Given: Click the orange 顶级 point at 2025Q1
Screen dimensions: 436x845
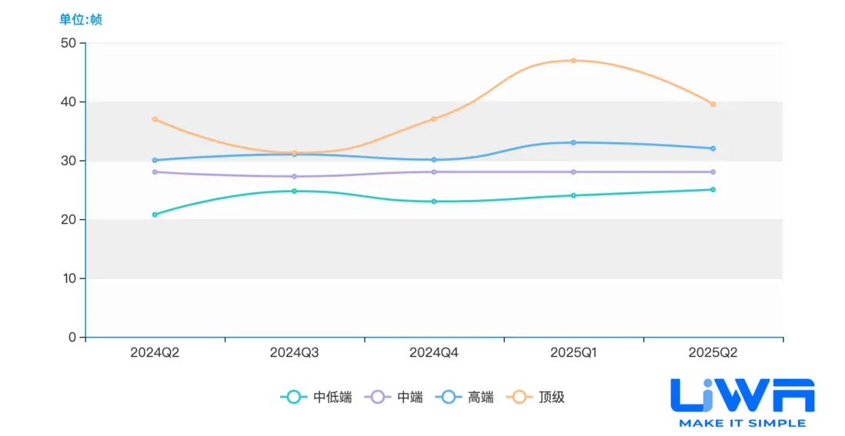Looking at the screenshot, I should (x=573, y=60).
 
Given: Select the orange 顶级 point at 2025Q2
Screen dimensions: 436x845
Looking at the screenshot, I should (x=713, y=104).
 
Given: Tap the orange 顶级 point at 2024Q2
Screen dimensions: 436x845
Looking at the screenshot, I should (x=155, y=119).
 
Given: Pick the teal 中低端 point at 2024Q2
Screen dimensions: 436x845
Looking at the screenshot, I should (x=155, y=215).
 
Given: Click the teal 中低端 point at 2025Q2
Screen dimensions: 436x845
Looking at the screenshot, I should (x=713, y=189).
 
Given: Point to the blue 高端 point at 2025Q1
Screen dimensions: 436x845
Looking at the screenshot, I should (x=573, y=142).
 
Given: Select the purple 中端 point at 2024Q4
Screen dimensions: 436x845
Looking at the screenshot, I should (x=434, y=171).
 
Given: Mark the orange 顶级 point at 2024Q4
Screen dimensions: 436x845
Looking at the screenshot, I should (x=434, y=118).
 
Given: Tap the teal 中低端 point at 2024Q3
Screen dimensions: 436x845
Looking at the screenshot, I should (x=294, y=191).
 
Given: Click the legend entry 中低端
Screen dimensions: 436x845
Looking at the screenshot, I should (x=316, y=398).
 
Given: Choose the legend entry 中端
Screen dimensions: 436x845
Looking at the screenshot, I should (x=396, y=398).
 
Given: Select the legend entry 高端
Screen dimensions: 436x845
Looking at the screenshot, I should (x=466, y=398).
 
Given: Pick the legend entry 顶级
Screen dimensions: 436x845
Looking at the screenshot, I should (x=538, y=398).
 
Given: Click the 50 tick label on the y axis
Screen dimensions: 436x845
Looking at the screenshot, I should (x=68, y=43).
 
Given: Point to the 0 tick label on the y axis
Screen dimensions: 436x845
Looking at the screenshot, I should (x=72, y=337).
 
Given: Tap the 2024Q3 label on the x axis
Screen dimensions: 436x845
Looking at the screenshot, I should (x=294, y=353).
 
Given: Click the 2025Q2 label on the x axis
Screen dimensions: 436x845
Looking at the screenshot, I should (x=713, y=353).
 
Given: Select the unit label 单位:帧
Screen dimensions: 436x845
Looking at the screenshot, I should (x=81, y=19).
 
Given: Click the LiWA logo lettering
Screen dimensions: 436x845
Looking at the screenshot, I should (x=742, y=395).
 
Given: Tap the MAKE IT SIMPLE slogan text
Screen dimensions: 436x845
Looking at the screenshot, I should (x=742, y=423).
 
